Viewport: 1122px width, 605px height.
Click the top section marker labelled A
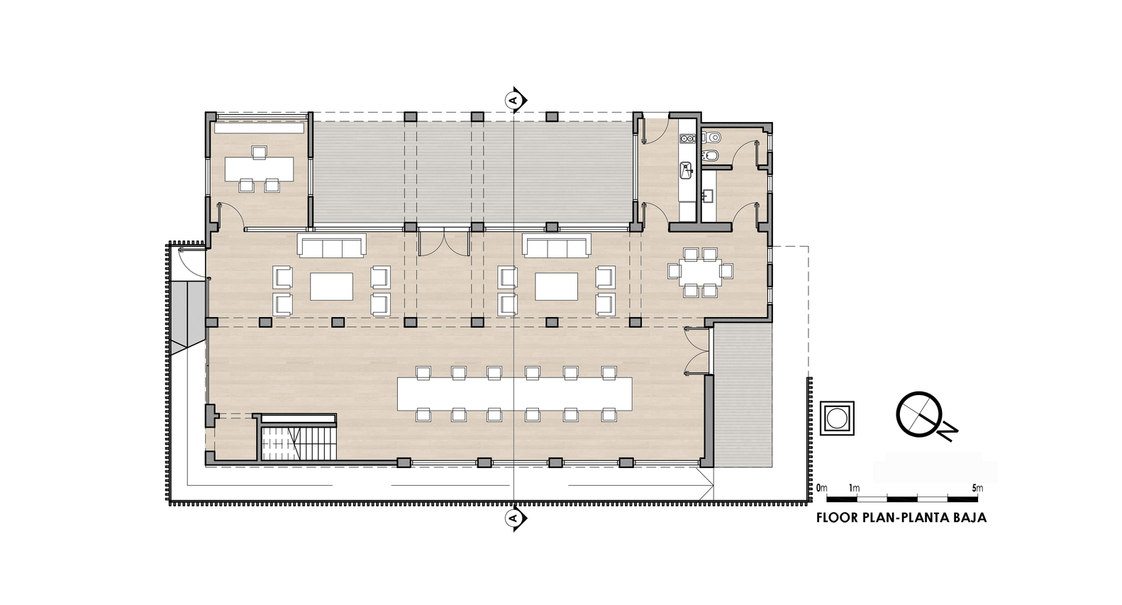click(x=516, y=100)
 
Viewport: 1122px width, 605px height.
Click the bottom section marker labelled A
click(x=516, y=518)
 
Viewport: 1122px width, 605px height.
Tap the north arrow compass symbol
click(x=925, y=415)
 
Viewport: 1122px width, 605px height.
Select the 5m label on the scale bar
click(x=977, y=488)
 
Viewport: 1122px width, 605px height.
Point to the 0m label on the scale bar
click(x=821, y=488)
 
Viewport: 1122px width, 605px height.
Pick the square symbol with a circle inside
click(x=836, y=418)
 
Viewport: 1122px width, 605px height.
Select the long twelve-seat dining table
click(x=514, y=394)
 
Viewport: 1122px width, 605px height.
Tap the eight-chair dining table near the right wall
click(x=700, y=272)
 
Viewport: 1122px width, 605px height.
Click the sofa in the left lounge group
click(x=332, y=245)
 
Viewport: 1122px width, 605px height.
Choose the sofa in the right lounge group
click(x=556, y=245)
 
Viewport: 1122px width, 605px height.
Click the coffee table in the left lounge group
click(x=332, y=287)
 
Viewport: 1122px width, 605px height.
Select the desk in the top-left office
click(x=259, y=170)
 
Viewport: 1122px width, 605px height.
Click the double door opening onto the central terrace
click(x=444, y=243)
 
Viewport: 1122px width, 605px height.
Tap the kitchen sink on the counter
click(x=687, y=170)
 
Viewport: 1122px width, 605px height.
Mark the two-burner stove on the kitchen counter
click(x=687, y=138)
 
